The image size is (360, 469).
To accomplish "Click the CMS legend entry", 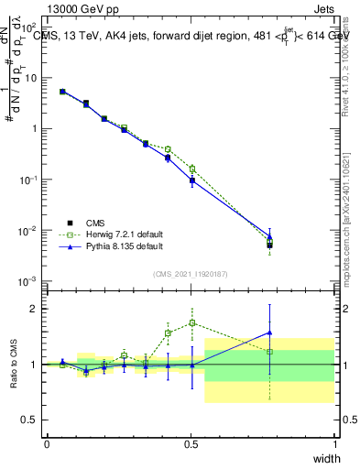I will [x=95, y=222].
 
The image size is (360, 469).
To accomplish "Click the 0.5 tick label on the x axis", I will [x=191, y=442].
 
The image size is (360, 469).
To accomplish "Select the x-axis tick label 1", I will [x=334, y=442].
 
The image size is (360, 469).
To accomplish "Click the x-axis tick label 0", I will [x=47, y=442].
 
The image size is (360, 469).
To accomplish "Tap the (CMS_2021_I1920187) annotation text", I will [x=190, y=273].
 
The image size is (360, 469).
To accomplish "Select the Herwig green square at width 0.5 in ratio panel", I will [x=191, y=322].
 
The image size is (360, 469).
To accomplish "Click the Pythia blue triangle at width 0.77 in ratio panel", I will [x=269, y=333].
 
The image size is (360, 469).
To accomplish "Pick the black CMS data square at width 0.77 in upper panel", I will [x=269, y=245].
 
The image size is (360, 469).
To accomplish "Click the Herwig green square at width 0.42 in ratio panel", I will [x=168, y=333].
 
